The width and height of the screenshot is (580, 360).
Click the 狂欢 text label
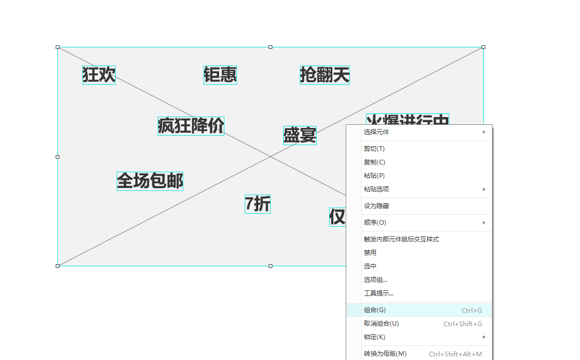98,75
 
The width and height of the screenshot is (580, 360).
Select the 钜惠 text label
220,75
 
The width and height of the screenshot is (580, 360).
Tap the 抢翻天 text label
324,75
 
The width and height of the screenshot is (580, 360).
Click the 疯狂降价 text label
191,126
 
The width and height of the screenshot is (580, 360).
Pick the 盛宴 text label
299,135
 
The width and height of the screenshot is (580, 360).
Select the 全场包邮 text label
150,181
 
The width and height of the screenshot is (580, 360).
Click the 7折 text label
258,204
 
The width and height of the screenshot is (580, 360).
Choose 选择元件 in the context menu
376,132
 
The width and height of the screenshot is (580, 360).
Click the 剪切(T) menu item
374,149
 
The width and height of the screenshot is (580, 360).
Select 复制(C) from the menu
374,162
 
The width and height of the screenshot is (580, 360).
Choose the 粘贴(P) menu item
374,176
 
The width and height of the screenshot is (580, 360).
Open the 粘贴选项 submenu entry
376,189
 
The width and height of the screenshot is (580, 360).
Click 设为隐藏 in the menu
376,206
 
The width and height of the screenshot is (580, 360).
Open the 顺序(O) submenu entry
375,223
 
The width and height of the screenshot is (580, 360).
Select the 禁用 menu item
370,253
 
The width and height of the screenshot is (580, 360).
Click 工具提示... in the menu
379,293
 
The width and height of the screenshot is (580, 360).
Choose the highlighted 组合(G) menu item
375,310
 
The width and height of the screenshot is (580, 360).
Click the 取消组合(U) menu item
381,324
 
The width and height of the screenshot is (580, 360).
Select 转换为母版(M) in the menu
385,354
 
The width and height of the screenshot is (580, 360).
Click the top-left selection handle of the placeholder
58,47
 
